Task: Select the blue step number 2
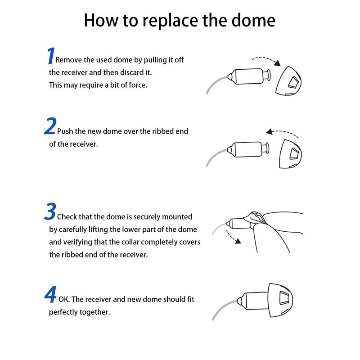click(x=50, y=126)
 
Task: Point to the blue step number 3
click(x=50, y=211)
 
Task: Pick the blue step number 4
click(x=50, y=294)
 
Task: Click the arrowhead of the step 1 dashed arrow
click(x=278, y=63)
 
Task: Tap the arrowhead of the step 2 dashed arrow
click(x=270, y=132)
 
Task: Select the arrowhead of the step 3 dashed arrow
click(x=238, y=241)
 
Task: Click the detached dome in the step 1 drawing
click(x=288, y=81)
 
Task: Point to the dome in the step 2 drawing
click(x=290, y=154)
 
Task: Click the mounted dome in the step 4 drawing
click(x=280, y=300)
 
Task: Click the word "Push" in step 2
click(x=65, y=131)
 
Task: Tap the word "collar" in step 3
click(x=151, y=242)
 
